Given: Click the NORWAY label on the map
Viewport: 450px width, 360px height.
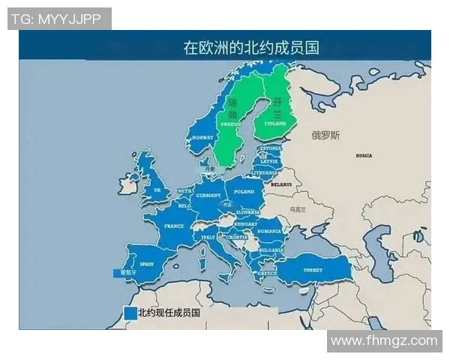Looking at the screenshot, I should tap(202, 138).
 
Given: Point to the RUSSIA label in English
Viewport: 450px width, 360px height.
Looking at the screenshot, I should tap(364, 155).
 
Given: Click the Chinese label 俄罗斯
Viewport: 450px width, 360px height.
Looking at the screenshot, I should tap(325, 136).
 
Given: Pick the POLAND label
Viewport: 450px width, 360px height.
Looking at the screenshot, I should tap(245, 191).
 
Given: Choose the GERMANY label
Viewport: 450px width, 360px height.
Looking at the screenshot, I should tap(208, 195).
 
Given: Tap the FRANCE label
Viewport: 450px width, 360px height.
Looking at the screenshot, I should tap(174, 226).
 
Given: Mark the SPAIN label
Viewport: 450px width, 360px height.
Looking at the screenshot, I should tap(146, 263).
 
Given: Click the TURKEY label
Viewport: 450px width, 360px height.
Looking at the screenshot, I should tap(313, 269).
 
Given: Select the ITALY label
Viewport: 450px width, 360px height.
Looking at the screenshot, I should tap(208, 237).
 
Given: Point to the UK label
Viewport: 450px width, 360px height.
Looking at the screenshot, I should tap(157, 190).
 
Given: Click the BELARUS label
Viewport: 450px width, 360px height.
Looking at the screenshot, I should tap(281, 183).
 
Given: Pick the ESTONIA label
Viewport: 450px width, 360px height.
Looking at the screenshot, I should tap(270, 148).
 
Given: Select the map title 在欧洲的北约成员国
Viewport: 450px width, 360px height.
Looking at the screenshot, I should tap(251, 48).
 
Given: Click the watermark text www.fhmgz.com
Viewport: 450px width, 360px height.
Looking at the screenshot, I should tap(384, 340).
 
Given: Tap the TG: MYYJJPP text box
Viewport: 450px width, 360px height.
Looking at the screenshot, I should tap(59, 19).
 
